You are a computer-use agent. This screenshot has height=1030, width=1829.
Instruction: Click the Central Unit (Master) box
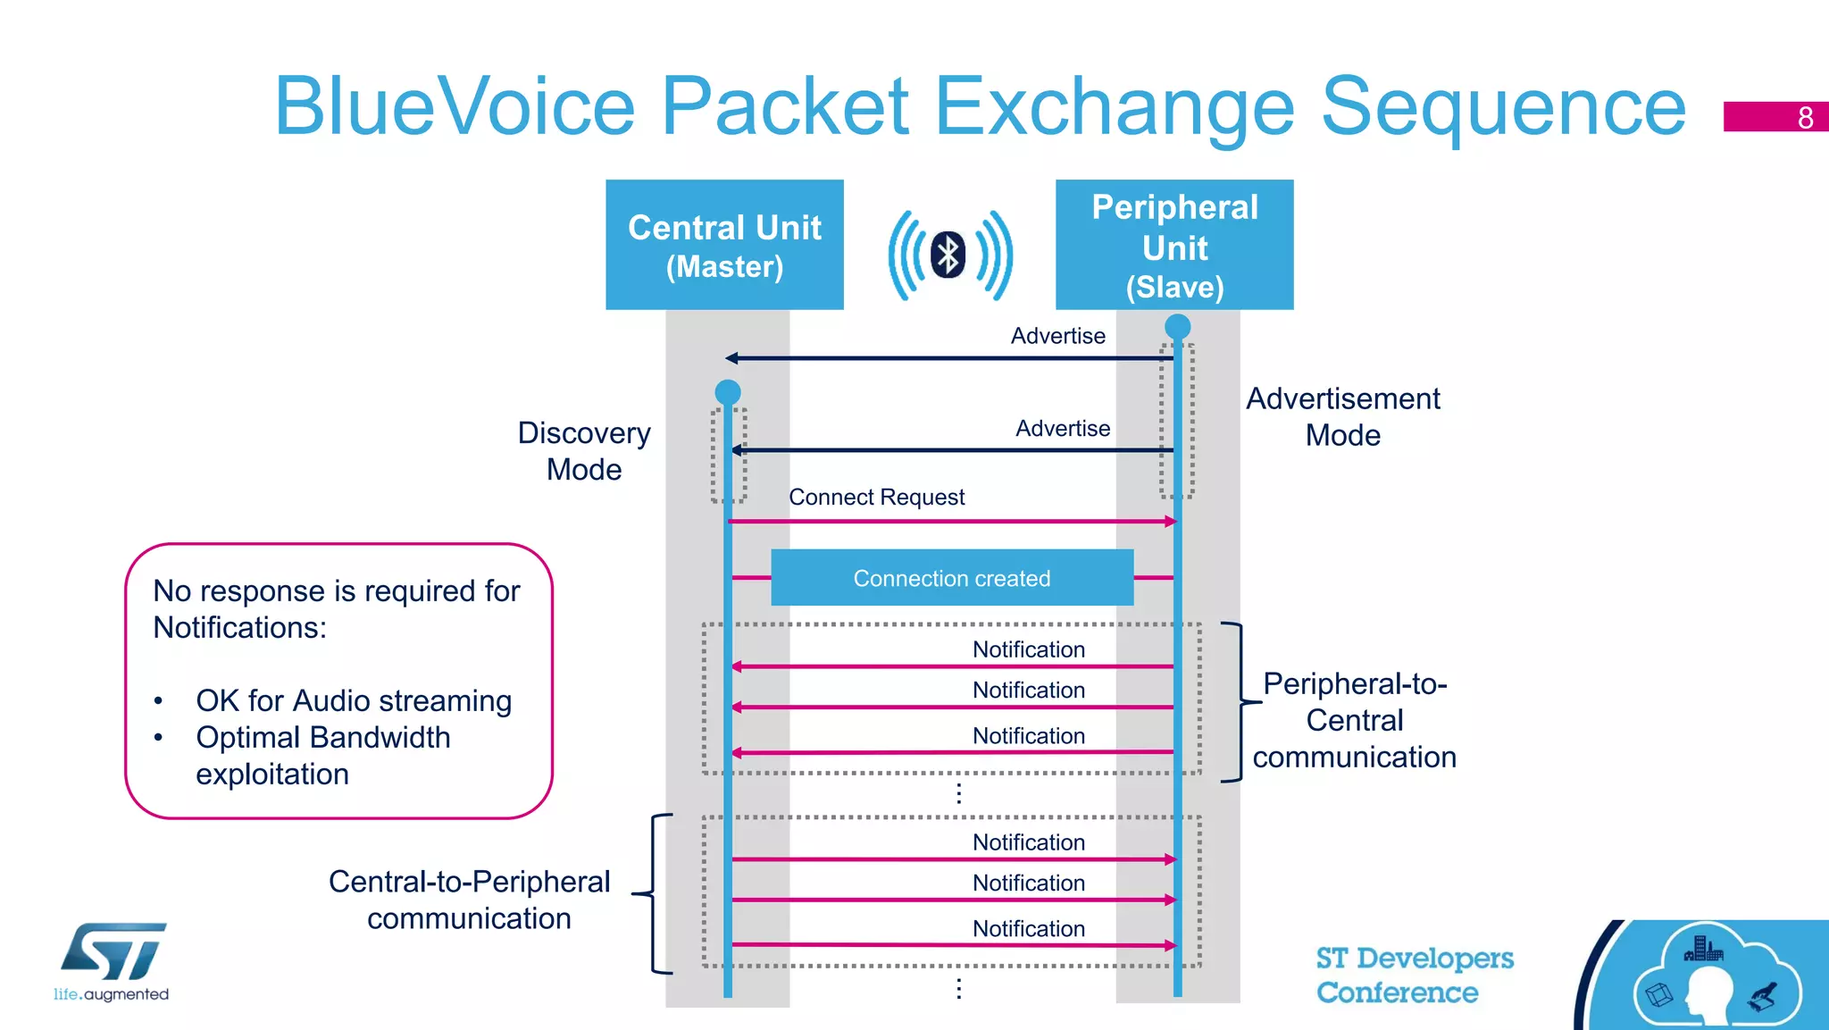click(724, 245)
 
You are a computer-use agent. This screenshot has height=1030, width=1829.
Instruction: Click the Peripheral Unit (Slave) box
click(1174, 245)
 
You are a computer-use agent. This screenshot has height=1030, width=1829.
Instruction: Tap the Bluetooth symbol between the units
click(948, 255)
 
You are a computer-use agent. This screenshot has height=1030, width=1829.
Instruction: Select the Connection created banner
click(952, 578)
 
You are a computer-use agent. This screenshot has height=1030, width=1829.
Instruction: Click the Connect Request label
click(876, 497)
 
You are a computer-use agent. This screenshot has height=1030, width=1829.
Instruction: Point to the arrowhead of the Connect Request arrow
click(1171, 521)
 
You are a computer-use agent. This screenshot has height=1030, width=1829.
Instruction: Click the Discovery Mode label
click(584, 451)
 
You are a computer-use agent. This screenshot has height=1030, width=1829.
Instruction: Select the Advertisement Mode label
click(1342, 416)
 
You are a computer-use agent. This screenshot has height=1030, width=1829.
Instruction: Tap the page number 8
click(1805, 117)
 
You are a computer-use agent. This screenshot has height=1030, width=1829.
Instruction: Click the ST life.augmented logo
click(113, 961)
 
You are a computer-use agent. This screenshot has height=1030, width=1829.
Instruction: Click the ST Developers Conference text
click(1414, 975)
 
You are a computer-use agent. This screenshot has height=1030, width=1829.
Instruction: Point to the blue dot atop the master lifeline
click(728, 391)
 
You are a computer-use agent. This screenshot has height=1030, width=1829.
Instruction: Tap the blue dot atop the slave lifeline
click(1178, 326)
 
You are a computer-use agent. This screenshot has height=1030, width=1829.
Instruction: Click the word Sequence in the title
click(1502, 107)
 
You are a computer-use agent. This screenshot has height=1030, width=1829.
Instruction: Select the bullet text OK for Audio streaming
click(354, 700)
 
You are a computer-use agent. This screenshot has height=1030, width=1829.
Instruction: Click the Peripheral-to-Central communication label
click(1354, 720)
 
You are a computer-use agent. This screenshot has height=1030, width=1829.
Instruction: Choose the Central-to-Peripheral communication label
click(469, 900)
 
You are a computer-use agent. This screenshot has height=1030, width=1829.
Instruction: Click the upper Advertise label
click(1057, 336)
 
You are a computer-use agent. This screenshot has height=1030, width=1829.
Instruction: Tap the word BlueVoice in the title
click(455, 107)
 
